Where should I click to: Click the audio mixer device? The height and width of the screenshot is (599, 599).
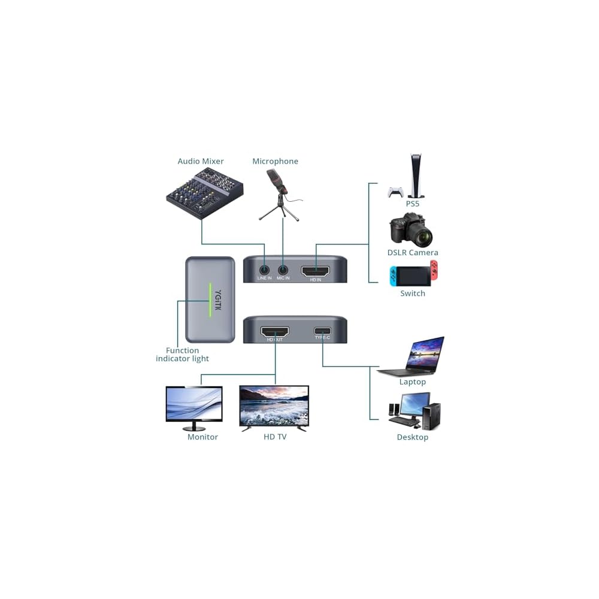204,193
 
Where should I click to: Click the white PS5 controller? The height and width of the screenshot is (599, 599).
395,192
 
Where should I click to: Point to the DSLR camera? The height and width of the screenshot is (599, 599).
411,229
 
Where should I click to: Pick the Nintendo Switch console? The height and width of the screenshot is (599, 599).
413,274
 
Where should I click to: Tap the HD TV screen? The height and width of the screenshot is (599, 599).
274,406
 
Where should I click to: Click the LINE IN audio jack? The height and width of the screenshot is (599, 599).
264,270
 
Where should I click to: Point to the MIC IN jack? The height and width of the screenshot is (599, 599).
283,270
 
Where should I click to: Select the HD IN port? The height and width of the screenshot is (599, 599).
315,271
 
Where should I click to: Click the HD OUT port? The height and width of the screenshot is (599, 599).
274,331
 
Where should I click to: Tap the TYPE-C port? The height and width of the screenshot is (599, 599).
323,331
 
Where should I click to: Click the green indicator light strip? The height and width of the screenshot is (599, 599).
209,300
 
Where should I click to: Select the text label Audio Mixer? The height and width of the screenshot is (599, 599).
201,161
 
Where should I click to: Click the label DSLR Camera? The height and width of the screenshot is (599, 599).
413,253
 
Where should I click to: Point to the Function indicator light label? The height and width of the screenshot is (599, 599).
182,355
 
